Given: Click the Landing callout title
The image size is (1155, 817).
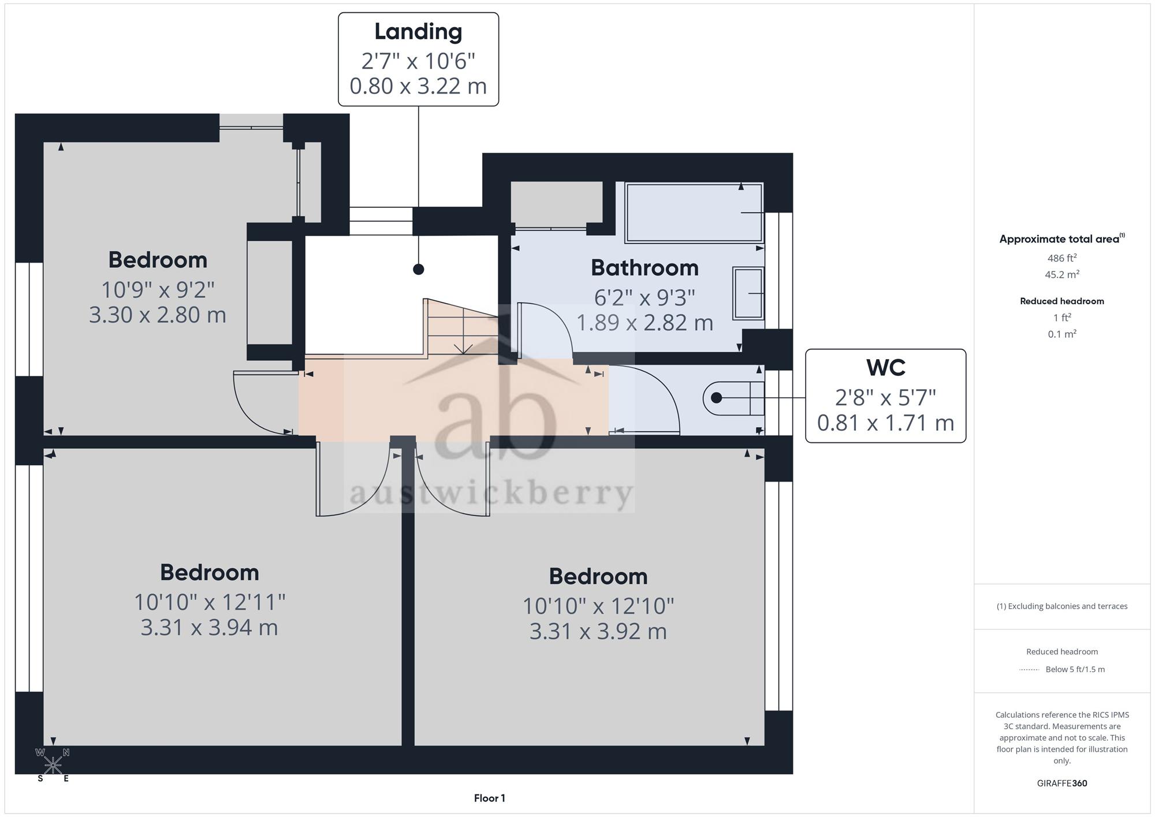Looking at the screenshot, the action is click(418, 32).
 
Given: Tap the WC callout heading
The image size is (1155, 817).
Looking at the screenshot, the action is click(885, 368).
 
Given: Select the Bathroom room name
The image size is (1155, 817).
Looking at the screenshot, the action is click(644, 268).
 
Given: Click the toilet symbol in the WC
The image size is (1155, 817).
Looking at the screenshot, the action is click(733, 398).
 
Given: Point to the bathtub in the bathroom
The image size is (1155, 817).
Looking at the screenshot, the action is click(694, 212).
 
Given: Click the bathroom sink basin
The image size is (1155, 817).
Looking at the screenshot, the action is click(748, 293).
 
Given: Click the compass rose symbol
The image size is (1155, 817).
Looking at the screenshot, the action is click(53, 765).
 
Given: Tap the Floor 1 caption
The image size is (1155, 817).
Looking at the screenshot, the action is click(489, 799).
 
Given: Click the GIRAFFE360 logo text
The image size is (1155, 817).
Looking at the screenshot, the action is click(1062, 784).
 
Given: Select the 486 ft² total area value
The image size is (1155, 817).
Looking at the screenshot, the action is click(1062, 258).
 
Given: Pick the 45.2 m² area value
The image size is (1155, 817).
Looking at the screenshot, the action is click(1062, 274).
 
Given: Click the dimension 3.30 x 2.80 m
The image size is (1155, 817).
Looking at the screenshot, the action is click(158, 315).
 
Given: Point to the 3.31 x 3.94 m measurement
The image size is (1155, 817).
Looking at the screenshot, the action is click(209, 628).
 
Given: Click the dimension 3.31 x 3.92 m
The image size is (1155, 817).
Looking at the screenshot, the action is click(598, 632).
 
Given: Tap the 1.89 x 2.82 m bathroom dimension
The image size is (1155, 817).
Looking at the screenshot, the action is click(644, 323).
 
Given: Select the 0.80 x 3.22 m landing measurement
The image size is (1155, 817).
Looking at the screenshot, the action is click(418, 86).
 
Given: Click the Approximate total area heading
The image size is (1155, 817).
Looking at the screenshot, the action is click(1062, 239).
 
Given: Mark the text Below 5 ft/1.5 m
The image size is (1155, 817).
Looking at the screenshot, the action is click(1075, 670).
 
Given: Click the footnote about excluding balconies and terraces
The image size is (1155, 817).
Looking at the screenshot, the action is click(1062, 606).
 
